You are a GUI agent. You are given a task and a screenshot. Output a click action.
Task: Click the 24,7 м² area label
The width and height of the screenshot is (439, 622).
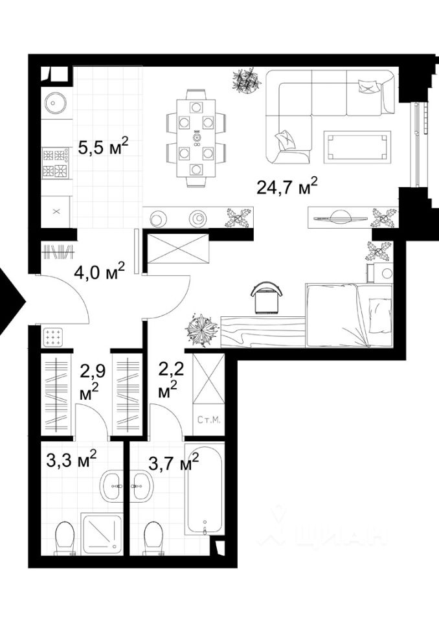(287, 186)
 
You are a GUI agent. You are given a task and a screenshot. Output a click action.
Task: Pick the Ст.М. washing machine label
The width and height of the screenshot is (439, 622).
(208, 420)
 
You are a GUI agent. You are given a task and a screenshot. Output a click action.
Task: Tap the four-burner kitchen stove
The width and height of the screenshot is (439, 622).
(56, 163)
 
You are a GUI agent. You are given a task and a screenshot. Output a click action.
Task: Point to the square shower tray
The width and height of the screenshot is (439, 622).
(102, 533)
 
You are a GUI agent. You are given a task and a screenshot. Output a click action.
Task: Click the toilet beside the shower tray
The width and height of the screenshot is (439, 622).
(65, 538)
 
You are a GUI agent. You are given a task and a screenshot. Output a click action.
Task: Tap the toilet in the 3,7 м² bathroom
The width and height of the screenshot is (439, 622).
(153, 538)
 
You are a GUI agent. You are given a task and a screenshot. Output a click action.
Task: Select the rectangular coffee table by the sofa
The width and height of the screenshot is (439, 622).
(357, 147)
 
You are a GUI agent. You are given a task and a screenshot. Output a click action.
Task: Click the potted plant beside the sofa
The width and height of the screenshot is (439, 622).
(246, 80)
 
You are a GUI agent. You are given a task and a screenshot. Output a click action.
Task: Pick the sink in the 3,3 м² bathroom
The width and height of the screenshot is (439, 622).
(111, 485)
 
